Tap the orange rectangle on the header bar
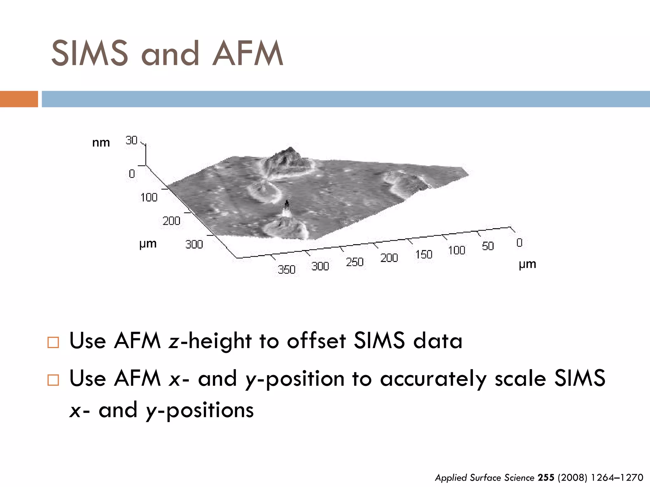point(19,99)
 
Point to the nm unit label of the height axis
point(101,143)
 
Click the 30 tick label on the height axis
point(131,140)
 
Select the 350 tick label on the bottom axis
point(287,269)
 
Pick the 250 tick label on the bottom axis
point(355,262)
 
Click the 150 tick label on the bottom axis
point(424,254)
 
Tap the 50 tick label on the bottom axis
point(488,246)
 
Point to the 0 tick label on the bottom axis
point(519,243)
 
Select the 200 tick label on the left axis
point(171,221)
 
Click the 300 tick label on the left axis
point(194,244)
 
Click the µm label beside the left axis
point(148,244)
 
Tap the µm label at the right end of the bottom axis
point(527,264)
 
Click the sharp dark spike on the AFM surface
point(287,205)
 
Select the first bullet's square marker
point(53,342)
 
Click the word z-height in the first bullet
point(210,341)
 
